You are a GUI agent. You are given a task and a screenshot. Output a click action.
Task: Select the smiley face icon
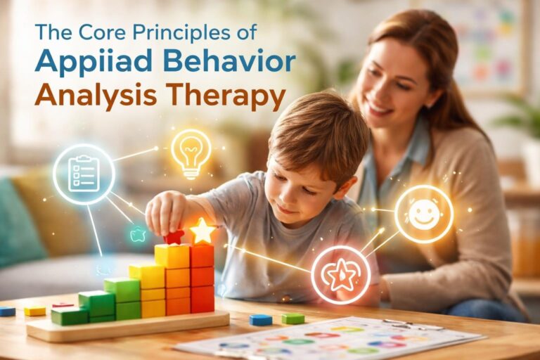click(x=423, y=214)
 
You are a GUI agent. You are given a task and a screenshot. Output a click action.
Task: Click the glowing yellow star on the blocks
click(x=202, y=230)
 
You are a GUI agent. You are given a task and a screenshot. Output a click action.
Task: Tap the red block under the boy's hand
click(x=174, y=238)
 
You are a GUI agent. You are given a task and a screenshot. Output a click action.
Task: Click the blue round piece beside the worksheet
click(x=261, y=320)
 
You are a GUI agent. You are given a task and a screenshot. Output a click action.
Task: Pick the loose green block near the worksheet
click(x=292, y=319)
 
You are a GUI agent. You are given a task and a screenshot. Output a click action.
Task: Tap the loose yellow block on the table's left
click(x=34, y=310)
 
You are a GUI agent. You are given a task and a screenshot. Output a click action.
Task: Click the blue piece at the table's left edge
click(x=6, y=311)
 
